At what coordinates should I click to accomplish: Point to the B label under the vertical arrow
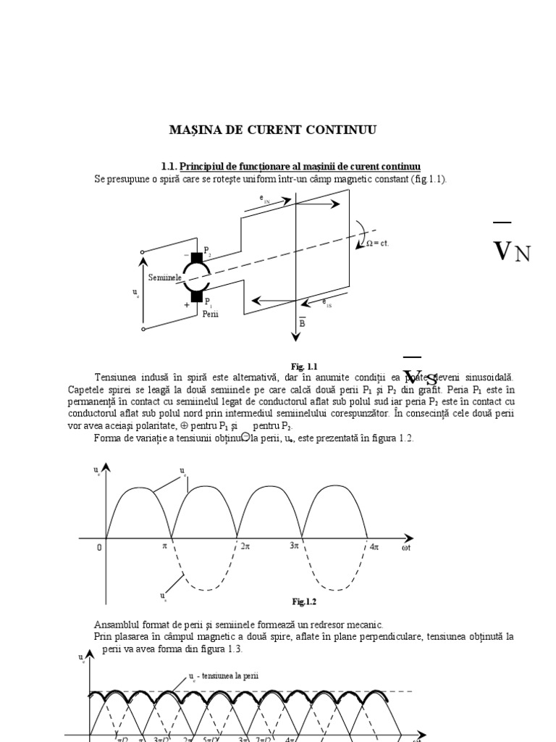[x=302, y=323]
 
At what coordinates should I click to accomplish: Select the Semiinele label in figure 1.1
[x=164, y=278]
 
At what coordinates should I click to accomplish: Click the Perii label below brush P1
[x=210, y=314]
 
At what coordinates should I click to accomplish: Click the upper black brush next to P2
[x=196, y=257]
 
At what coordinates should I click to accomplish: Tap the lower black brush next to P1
[x=196, y=294]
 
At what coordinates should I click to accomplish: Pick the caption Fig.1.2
[x=304, y=601]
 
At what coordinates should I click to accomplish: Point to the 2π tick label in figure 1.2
[x=245, y=547]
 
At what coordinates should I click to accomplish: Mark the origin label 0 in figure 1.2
[x=99, y=548]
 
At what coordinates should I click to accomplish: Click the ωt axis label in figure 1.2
[x=406, y=549]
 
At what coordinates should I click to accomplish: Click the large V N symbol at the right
[x=512, y=251]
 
